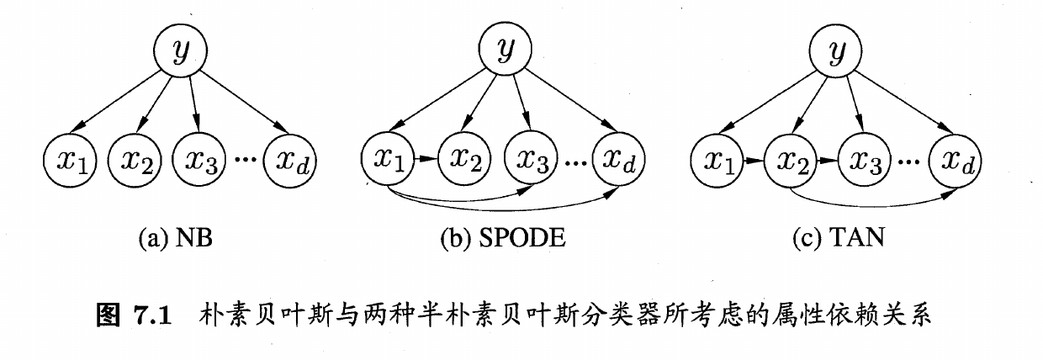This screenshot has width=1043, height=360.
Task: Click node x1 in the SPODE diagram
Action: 389,158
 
